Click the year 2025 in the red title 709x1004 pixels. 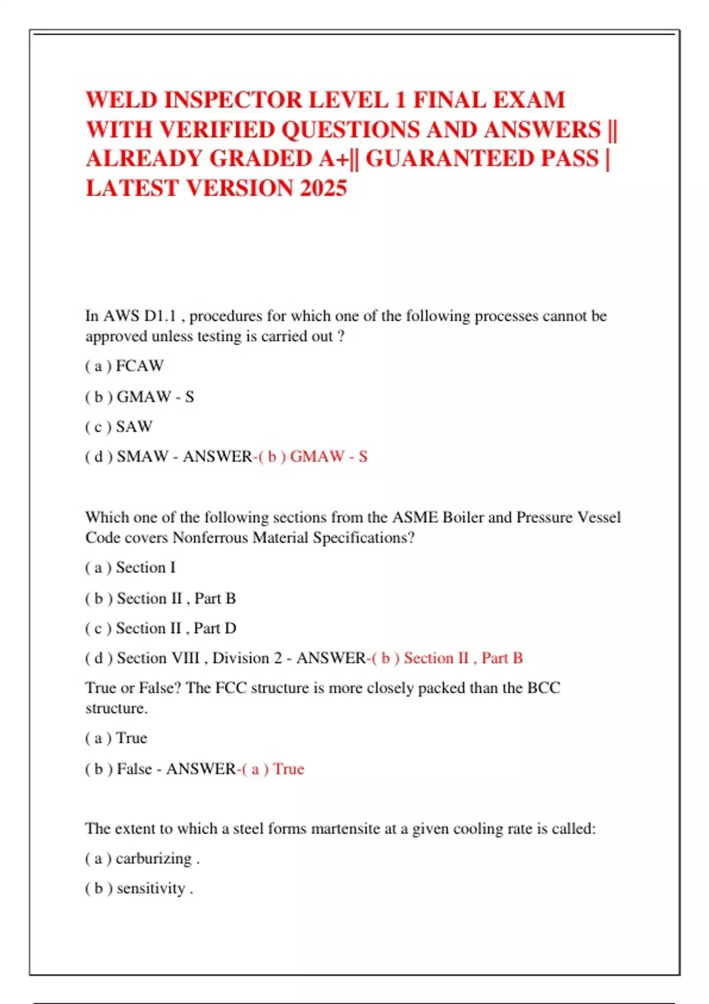(323, 188)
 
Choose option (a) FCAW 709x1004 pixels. (125, 366)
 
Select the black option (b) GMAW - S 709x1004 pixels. (140, 397)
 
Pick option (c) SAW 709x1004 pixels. (119, 426)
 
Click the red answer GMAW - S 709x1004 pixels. (328, 457)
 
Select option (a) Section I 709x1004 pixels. (131, 568)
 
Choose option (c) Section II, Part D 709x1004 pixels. (161, 628)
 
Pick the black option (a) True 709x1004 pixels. (116, 738)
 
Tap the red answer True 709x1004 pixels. (288, 769)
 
